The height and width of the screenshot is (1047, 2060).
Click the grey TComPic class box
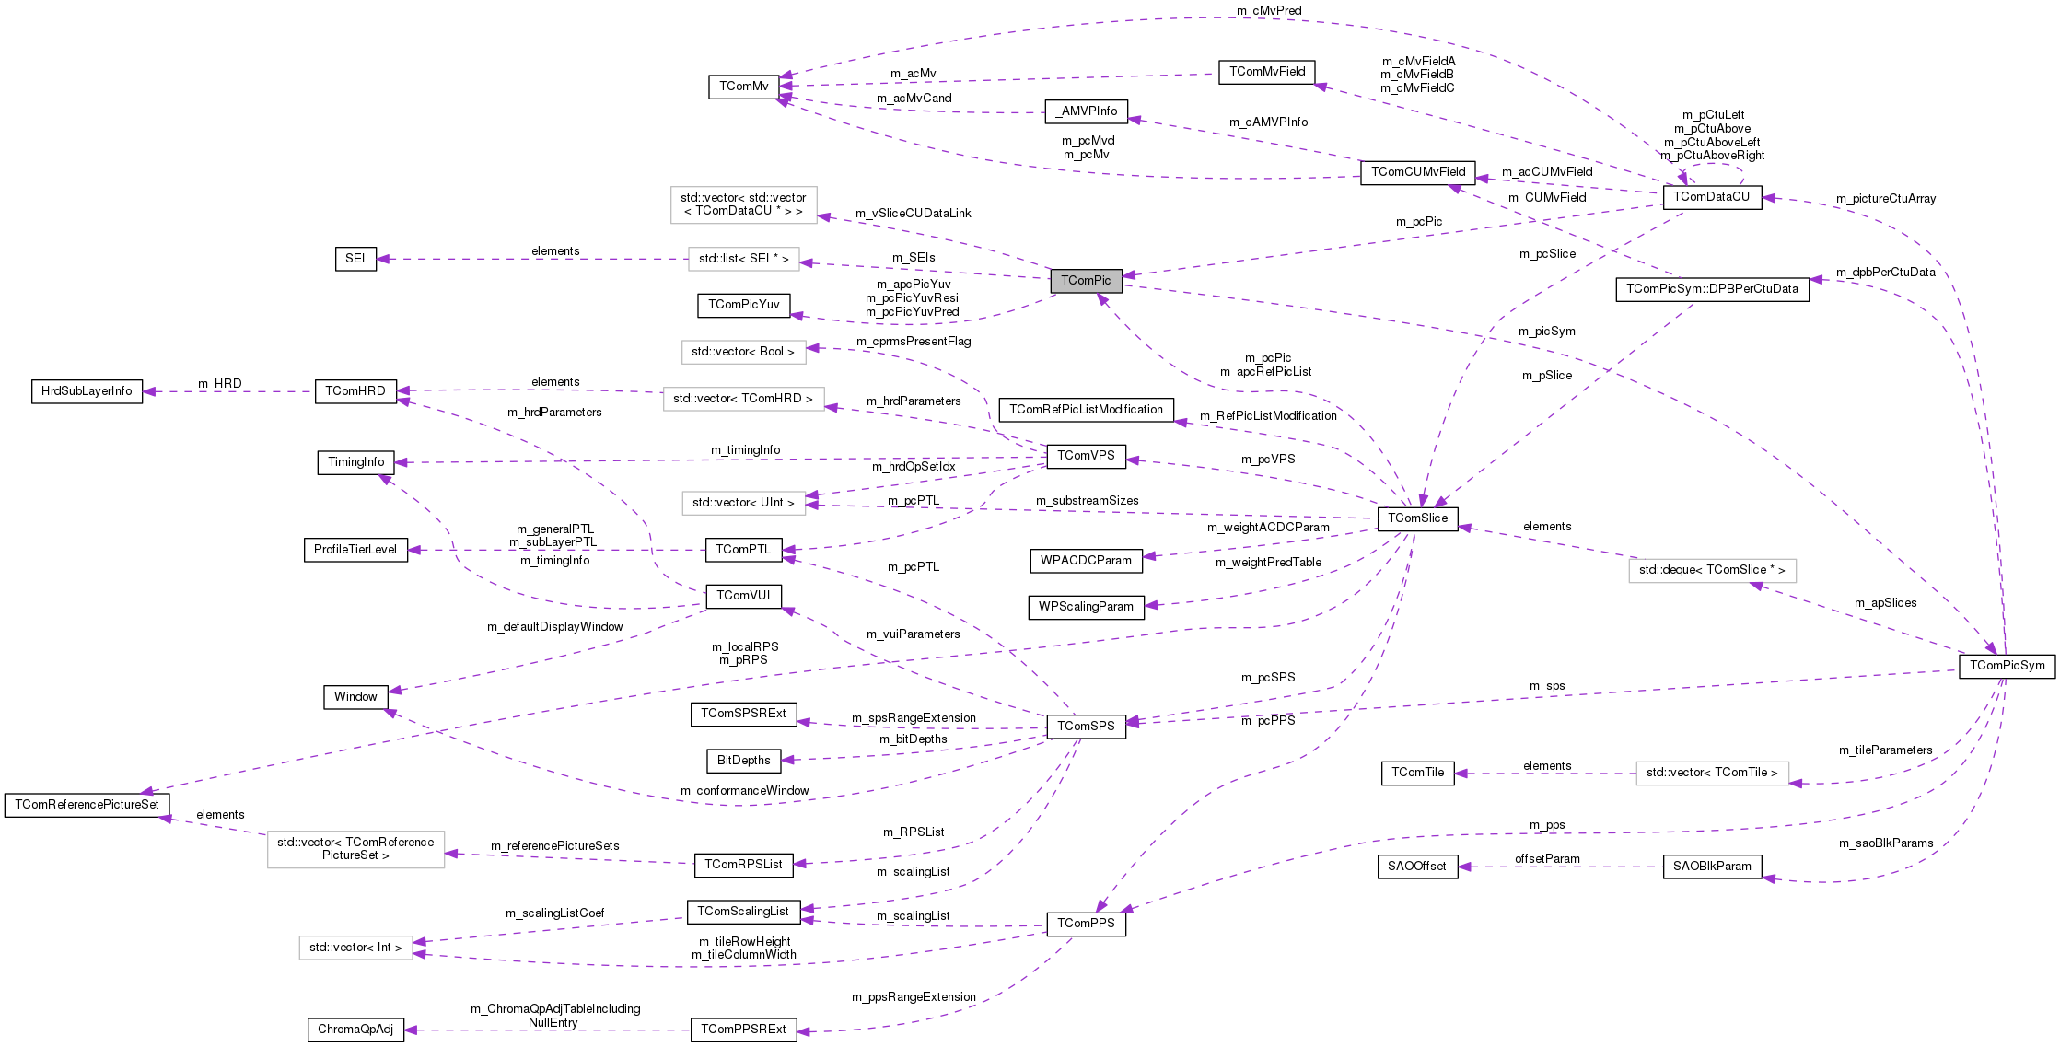pyautogui.click(x=1086, y=281)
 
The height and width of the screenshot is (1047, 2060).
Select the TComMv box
pyautogui.click(x=743, y=87)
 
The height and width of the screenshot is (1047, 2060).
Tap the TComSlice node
pyautogui.click(x=1417, y=518)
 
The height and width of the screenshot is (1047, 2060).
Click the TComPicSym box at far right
pyautogui.click(x=2007, y=666)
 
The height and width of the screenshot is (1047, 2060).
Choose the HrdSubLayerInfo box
pyautogui.click(x=87, y=391)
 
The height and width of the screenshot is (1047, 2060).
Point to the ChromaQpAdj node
pyautogui.click(x=355, y=1030)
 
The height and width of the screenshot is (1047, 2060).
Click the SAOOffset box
pyautogui.click(x=1416, y=867)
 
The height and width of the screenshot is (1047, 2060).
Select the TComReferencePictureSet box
pyautogui.click(x=87, y=805)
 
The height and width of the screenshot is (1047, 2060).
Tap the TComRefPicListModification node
pyautogui.click(x=1086, y=410)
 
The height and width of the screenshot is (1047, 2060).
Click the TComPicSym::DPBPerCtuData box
pyautogui.click(x=1711, y=289)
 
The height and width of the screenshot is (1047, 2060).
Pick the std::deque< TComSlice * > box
pyautogui.click(x=1711, y=570)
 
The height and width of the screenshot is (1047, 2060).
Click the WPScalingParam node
pyautogui.click(x=1086, y=607)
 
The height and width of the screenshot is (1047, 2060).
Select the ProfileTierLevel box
pyautogui.click(x=355, y=550)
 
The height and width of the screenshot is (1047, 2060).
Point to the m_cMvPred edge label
pyautogui.click(x=1268, y=11)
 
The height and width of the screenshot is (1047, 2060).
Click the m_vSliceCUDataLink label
pyautogui.click(x=913, y=214)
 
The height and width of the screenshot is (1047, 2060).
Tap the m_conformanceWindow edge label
pyautogui.click(x=744, y=791)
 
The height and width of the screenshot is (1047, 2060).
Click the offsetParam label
pyautogui.click(x=1547, y=859)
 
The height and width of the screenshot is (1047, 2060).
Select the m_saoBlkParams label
pyautogui.click(x=1886, y=843)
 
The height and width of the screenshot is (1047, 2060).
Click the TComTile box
pyautogui.click(x=1417, y=773)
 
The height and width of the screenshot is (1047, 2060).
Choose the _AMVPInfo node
pyautogui.click(x=1086, y=111)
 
